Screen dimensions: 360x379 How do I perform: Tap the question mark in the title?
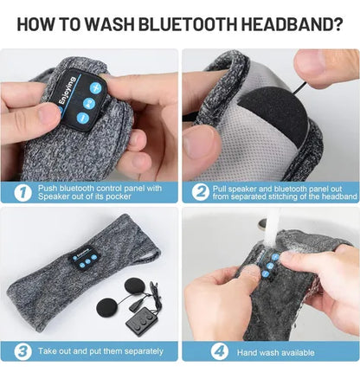(x=336, y=24)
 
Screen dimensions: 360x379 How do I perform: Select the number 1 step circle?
(x=23, y=192)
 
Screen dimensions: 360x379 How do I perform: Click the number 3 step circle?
(x=23, y=351)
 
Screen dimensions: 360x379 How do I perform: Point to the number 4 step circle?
(x=220, y=351)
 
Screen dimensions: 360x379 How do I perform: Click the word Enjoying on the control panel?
(x=67, y=90)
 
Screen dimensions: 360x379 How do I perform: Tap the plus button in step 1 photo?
(x=95, y=87)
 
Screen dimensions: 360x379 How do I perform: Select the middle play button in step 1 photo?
(x=88, y=103)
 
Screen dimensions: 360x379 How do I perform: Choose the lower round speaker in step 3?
(x=108, y=306)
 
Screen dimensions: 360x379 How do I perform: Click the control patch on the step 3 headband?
(x=84, y=258)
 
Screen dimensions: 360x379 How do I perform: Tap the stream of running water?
(x=272, y=225)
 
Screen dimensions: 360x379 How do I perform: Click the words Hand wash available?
(x=275, y=352)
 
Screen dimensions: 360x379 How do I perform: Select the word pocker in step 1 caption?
(x=119, y=196)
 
